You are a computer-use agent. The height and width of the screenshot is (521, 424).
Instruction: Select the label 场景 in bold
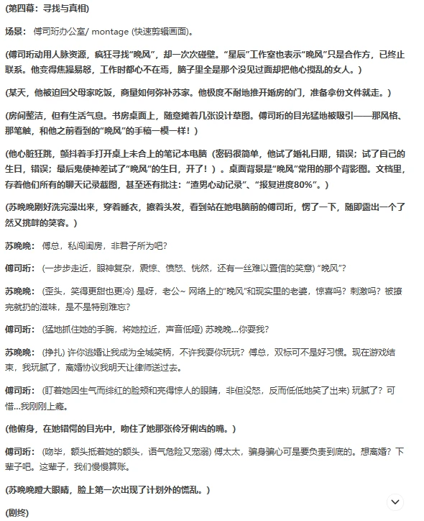pos(15,32)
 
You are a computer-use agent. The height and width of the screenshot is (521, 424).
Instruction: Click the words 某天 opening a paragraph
pos(17,93)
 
